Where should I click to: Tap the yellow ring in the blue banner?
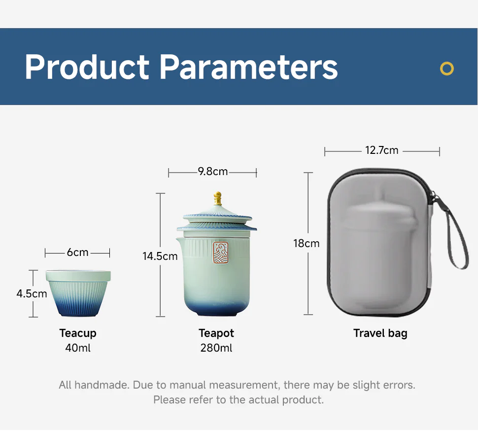(446, 69)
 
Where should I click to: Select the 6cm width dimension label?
(77, 252)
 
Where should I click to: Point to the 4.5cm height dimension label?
(32, 293)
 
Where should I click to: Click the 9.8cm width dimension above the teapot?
(213, 172)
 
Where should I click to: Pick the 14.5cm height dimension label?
(160, 256)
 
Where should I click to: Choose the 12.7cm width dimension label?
(382, 150)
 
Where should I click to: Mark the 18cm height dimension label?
(307, 243)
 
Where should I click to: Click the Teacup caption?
(78, 333)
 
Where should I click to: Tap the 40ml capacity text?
(78, 348)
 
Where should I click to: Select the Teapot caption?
(216, 333)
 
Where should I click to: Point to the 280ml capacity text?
(216, 348)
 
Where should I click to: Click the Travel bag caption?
(380, 333)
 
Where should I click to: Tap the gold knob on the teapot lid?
(217, 199)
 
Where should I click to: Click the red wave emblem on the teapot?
(221, 252)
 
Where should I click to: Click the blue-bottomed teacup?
(78, 293)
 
